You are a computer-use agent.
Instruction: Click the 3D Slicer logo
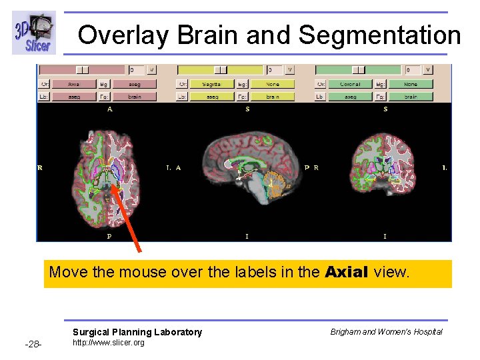click(x=33, y=33)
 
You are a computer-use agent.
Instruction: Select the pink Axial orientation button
click(x=73, y=84)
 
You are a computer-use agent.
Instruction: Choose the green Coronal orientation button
click(x=349, y=84)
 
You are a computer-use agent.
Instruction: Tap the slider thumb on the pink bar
click(x=82, y=69)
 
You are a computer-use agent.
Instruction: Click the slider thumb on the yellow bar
click(x=220, y=69)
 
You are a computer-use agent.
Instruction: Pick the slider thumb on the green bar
click(x=359, y=69)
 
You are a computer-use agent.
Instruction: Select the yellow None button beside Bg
click(x=272, y=84)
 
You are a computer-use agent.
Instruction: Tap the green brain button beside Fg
click(x=411, y=97)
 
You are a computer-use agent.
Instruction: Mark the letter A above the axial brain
click(x=109, y=109)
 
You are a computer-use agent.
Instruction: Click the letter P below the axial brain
click(x=109, y=236)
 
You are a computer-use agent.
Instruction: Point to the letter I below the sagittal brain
click(x=247, y=236)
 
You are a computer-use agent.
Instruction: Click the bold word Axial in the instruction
click(x=347, y=272)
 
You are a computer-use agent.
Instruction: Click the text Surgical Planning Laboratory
click(x=137, y=332)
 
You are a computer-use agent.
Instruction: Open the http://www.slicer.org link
click(x=108, y=343)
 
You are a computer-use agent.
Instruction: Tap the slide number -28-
click(x=33, y=344)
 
